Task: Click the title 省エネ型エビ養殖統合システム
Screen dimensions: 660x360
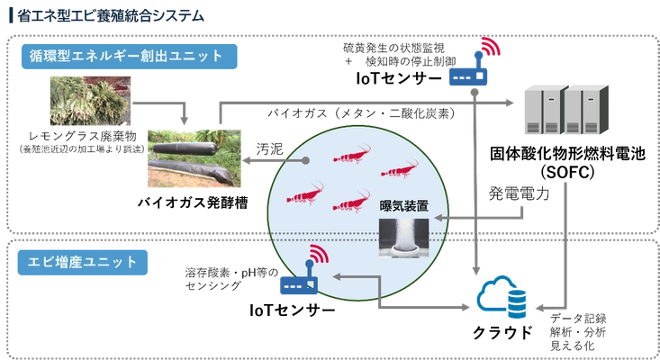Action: pos(111,15)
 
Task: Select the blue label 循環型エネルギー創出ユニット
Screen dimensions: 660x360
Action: pos(130,57)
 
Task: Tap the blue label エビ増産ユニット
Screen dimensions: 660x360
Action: pos(83,263)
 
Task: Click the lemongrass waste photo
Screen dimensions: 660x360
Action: pos(91,101)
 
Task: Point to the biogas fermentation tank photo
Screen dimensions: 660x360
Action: pos(194,158)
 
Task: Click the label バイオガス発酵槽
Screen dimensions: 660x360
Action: pos(193,202)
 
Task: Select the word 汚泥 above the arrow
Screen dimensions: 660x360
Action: pos(270,148)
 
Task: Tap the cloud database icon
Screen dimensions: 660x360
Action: pos(502,298)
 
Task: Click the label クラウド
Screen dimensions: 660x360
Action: pos(502,333)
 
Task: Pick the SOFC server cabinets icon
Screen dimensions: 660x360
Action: pos(566,109)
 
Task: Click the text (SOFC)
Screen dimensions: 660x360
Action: pos(567,172)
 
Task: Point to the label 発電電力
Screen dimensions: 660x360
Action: pos(519,193)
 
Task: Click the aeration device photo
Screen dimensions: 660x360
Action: pos(404,238)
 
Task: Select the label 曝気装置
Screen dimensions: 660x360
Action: pos(404,206)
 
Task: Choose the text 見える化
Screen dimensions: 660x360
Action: pos(573,346)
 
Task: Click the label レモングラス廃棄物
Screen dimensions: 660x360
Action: pos(83,136)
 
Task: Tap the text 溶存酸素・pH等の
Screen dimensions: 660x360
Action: pos(231,273)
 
